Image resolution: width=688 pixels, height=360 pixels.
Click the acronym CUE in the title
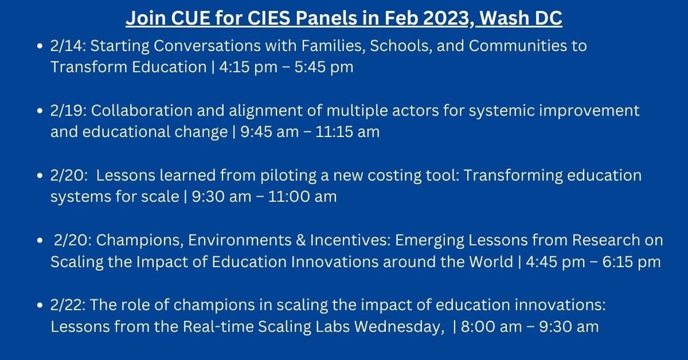click(x=185, y=18)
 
